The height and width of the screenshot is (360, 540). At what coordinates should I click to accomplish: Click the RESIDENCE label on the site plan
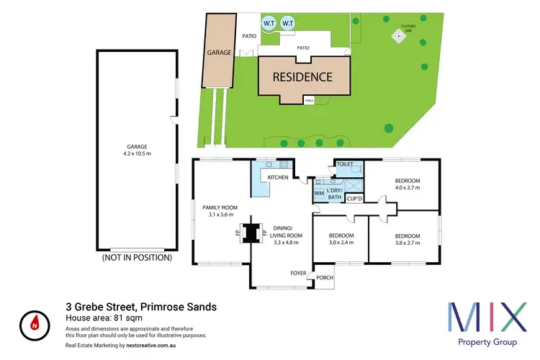tap(302, 77)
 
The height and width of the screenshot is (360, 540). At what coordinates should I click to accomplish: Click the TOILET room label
tap(345, 165)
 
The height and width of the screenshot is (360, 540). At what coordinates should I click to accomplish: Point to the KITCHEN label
tap(278, 177)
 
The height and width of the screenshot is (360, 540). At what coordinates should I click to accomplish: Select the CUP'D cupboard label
tap(354, 198)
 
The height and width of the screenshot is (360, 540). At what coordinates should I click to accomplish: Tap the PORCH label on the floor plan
tap(325, 278)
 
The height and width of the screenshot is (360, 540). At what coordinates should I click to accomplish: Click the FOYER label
tap(299, 273)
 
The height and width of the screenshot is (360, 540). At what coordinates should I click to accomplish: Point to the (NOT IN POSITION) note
tap(137, 257)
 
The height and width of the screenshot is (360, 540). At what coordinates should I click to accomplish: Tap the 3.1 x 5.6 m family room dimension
tap(222, 215)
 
